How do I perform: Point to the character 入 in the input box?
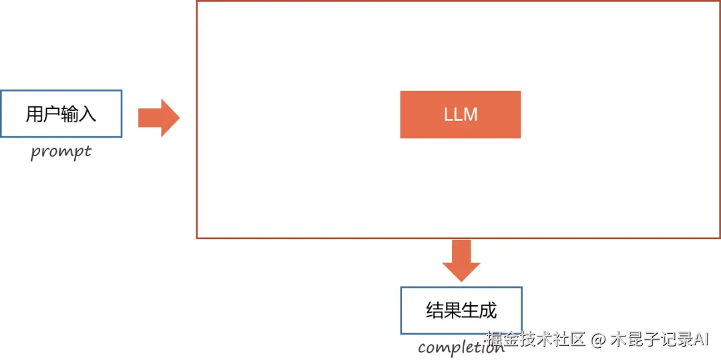[87, 114]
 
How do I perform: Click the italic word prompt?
[61, 152]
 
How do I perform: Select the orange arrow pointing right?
[158, 118]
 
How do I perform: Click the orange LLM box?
[460, 114]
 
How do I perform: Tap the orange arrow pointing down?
[461, 260]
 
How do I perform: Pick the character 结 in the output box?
[435, 311]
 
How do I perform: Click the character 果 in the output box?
[453, 311]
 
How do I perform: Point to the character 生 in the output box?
[470, 311]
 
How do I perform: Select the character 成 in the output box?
[488, 311]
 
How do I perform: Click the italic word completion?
[461, 347]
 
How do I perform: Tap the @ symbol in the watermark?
[597, 339]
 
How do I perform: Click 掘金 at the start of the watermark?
[502, 339]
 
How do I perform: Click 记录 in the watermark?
[673, 339]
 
